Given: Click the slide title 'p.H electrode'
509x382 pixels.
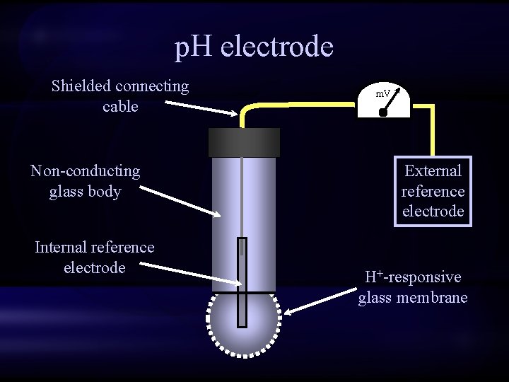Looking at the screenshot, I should [254, 47].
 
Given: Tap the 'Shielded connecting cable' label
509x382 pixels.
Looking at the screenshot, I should [120, 96].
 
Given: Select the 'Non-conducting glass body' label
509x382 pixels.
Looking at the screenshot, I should [85, 181].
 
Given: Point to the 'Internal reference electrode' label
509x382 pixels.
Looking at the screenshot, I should [94, 257].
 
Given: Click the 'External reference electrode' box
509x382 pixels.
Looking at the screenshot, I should [433, 191].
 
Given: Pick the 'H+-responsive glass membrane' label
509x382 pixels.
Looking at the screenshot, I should [413, 287].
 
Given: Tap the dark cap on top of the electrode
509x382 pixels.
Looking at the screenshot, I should [244, 142].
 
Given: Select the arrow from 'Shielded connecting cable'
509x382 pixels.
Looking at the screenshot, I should [201, 108].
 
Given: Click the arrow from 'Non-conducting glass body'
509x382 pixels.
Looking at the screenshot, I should [180, 201].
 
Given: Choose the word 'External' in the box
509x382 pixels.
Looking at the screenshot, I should [433, 170].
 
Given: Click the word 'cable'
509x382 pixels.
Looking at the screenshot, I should [120, 107].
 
